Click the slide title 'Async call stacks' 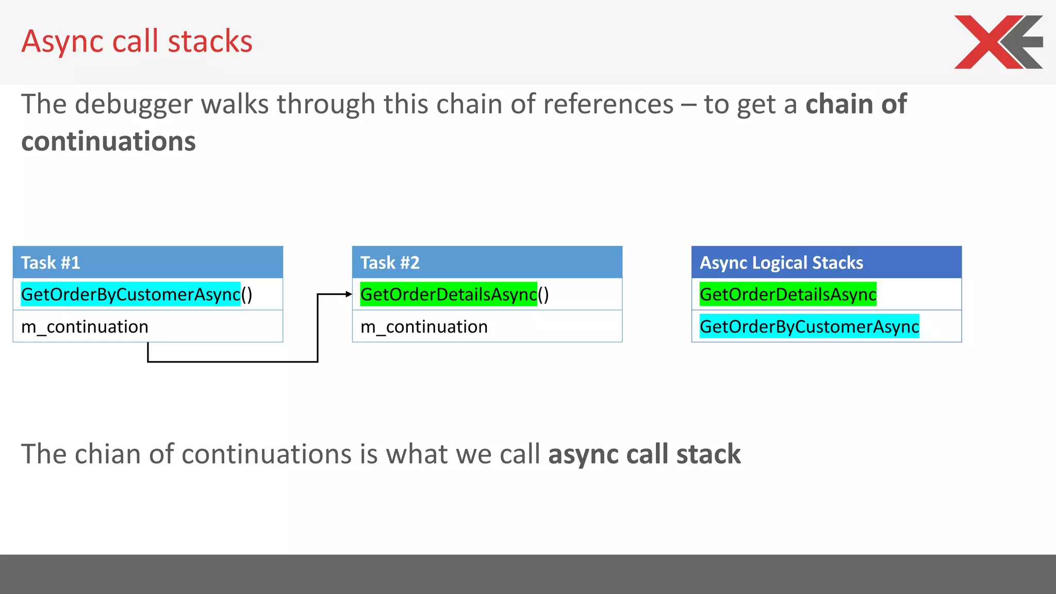click(x=137, y=41)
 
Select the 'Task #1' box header click(x=147, y=262)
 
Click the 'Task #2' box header click(x=487, y=262)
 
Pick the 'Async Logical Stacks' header click(x=826, y=262)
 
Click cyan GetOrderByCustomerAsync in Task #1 click(x=130, y=294)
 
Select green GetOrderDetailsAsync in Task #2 click(x=449, y=294)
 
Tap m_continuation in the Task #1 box click(x=85, y=327)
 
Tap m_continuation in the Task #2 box click(x=424, y=327)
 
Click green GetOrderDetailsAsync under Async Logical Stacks click(x=788, y=294)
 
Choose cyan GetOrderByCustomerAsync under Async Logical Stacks click(x=809, y=327)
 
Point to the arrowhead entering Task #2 click(x=349, y=294)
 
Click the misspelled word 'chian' click(x=107, y=454)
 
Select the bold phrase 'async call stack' click(x=644, y=454)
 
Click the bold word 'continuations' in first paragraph click(x=108, y=141)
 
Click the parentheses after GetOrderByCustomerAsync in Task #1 click(x=247, y=294)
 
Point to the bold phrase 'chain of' click(x=856, y=105)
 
